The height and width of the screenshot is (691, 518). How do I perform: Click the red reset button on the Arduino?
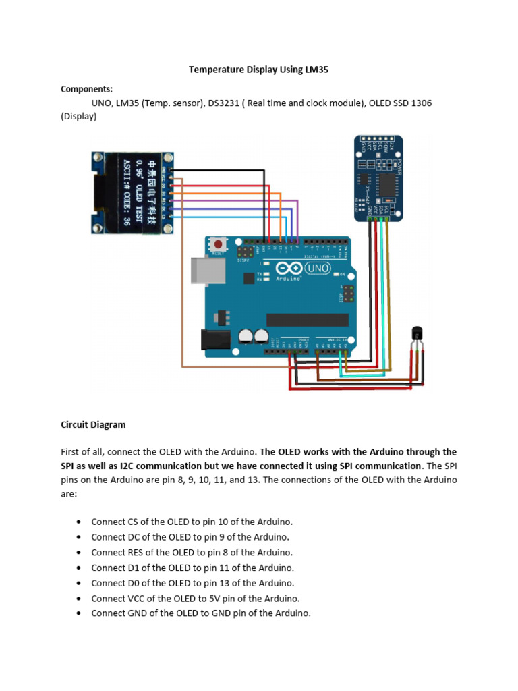click(x=219, y=244)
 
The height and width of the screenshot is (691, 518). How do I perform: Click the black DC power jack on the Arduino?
click(x=216, y=339)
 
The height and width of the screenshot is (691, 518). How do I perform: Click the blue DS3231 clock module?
click(x=380, y=177)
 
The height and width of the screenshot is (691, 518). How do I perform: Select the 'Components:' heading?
click(x=87, y=89)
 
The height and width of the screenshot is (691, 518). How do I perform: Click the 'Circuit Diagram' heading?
click(x=93, y=425)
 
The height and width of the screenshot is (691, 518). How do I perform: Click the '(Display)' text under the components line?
click(x=79, y=116)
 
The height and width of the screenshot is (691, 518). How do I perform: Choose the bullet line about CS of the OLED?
click(x=192, y=522)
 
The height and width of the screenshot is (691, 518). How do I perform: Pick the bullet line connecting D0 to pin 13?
click(x=193, y=583)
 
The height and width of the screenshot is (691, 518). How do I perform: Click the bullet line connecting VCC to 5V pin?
click(x=196, y=599)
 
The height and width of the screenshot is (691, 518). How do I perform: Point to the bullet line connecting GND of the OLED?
click(x=201, y=613)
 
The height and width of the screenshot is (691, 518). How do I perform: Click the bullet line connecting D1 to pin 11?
click(x=193, y=568)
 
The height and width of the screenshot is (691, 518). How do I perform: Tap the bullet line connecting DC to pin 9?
click(x=190, y=537)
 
